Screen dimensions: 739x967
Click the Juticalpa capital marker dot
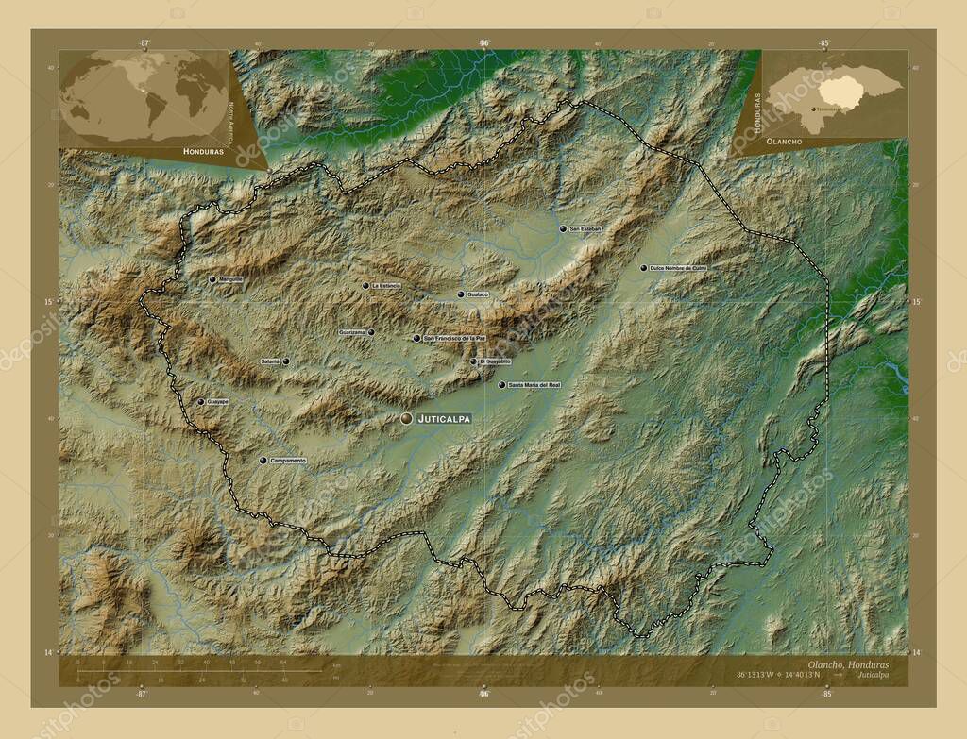tap(406, 418)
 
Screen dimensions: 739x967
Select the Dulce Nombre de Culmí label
tap(677, 268)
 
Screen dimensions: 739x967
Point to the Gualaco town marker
tap(461, 294)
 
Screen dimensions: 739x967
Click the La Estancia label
tap(386, 285)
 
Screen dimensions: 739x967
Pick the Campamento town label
tap(288, 461)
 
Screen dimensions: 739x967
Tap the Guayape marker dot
tap(200, 402)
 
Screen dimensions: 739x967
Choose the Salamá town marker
tap(285, 361)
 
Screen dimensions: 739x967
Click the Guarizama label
tap(352, 332)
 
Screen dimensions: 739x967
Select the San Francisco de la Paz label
tap(454, 338)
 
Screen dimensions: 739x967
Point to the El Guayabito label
tap(495, 361)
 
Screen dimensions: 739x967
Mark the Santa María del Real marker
tap(501, 385)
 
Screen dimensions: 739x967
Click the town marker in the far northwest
tap(212, 279)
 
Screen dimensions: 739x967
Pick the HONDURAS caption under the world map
tap(203, 151)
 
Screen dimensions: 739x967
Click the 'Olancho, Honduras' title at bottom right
tap(847, 665)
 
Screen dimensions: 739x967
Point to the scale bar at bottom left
tap(198, 672)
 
